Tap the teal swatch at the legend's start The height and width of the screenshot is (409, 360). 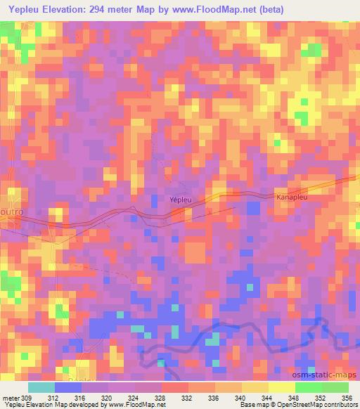[41, 387]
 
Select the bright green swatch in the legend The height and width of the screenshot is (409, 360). [309, 387]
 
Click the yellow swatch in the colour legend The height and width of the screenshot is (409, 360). [282, 387]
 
